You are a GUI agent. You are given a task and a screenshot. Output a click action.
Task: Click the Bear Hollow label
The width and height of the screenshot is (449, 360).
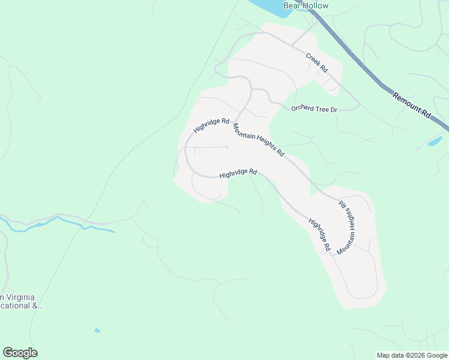pos(306,6)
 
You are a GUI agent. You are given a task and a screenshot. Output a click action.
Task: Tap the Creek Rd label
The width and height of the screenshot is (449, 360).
pos(316,63)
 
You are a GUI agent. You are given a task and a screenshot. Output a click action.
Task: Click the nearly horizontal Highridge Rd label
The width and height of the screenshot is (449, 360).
pos(238,173)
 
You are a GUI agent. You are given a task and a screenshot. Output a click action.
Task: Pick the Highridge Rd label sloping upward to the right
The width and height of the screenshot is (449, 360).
pos(211,125)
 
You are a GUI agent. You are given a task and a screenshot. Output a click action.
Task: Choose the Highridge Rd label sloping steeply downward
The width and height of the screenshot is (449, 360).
pos(320,234)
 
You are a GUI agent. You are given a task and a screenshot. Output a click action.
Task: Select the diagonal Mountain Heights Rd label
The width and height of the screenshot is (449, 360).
pos(258,140)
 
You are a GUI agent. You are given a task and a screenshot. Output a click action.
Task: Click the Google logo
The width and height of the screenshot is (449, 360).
pos(20,353)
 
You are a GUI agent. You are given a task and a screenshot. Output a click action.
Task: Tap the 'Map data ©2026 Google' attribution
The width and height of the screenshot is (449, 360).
pos(412,355)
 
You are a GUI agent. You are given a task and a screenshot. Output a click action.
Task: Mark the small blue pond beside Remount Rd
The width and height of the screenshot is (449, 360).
pos(434,142)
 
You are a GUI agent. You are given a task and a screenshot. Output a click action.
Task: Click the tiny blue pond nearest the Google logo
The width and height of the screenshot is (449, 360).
pos(97,331)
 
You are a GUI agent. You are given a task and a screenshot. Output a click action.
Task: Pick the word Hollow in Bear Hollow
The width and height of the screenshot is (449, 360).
pos(315,6)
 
